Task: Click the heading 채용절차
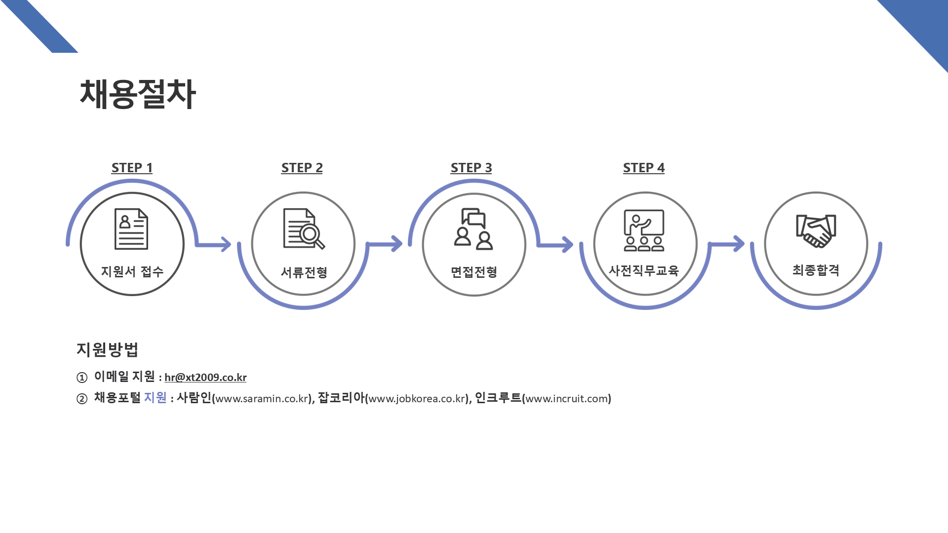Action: (137, 94)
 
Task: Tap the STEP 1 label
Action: (132, 168)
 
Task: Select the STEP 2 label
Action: (302, 168)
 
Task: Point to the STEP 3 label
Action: (471, 168)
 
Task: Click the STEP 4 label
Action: (643, 168)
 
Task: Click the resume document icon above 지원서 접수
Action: (131, 229)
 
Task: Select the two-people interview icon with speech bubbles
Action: (474, 229)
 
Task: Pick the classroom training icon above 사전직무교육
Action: (644, 230)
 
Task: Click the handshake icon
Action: (816, 230)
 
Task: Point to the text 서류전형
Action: (304, 272)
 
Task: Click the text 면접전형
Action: (474, 272)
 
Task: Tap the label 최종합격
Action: (816, 270)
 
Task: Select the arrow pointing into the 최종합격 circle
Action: (727, 243)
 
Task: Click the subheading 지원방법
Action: (107, 349)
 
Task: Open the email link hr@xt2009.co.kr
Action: (205, 378)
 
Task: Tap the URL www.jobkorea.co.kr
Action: (417, 399)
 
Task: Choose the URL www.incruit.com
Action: (566, 399)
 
